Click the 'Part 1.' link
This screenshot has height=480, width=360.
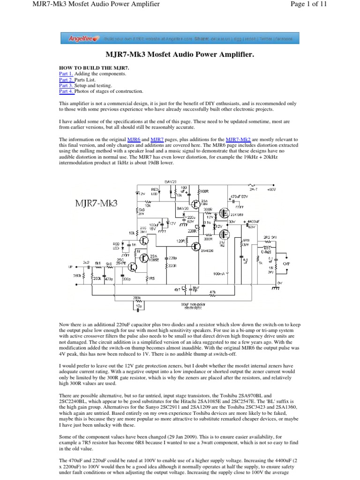(66, 74)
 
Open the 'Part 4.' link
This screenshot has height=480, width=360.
(66, 91)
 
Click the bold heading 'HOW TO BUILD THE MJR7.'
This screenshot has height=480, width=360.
(94, 68)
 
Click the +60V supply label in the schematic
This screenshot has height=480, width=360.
(272, 190)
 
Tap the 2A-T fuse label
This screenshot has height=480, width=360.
(254, 190)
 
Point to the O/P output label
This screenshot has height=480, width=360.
(286, 264)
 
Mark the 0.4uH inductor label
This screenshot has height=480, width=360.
(267, 251)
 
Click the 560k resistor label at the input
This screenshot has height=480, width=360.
(76, 276)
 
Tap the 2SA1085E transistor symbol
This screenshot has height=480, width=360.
(143, 257)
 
